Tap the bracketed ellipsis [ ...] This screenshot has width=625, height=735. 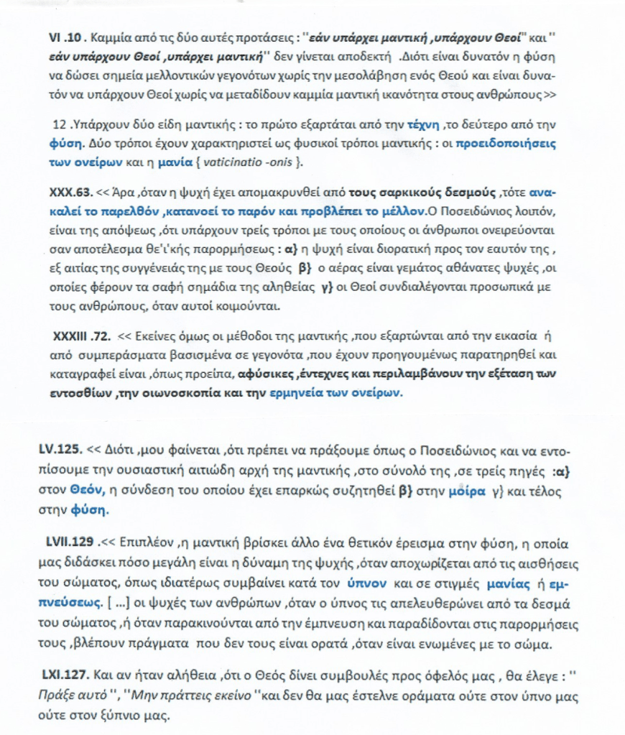(119, 597)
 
